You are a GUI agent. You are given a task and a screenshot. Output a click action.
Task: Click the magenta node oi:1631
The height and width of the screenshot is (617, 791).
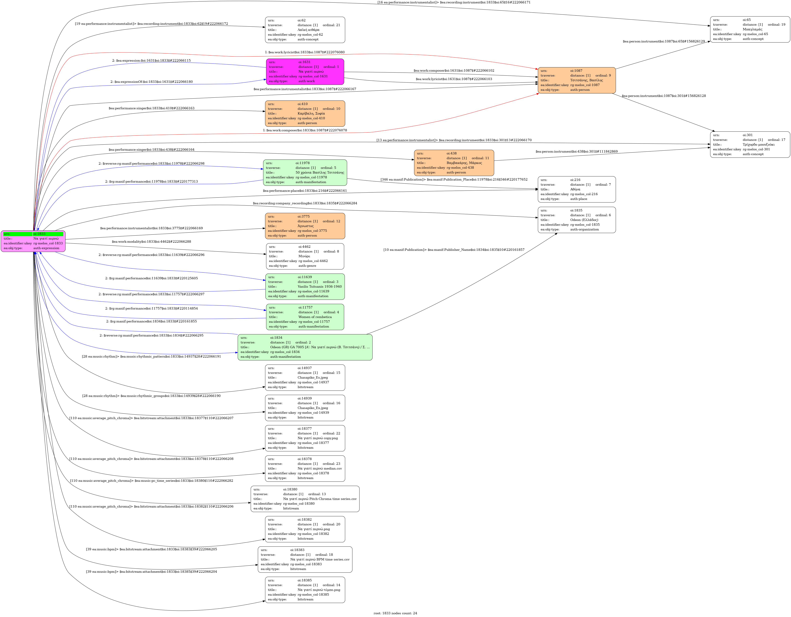point(305,72)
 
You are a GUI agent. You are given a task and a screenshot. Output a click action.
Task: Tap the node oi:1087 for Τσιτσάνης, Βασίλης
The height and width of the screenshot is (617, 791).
point(577,80)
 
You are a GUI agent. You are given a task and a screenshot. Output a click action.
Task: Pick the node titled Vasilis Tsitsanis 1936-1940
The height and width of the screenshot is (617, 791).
point(305,286)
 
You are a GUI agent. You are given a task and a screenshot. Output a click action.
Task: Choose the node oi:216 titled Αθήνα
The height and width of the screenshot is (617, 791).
point(577,189)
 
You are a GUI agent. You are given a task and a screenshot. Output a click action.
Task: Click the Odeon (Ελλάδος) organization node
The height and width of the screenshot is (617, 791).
point(577,220)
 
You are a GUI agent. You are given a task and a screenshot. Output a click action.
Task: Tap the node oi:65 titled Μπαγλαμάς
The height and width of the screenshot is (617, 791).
point(750,29)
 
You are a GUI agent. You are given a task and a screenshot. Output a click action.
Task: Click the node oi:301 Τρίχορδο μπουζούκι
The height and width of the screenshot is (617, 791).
point(750,144)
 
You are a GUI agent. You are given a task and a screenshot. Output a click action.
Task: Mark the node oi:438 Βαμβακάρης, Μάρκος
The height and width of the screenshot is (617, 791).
point(454,163)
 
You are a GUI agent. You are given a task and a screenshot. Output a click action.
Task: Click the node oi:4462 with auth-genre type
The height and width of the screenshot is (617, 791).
point(305,256)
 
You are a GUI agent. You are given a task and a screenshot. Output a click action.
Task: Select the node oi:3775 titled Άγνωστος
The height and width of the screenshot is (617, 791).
point(305,226)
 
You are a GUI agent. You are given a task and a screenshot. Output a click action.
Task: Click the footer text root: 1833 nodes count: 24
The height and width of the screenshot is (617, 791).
point(395,613)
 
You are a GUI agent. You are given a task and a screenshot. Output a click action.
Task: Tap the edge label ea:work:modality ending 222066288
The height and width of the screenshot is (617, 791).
point(151,241)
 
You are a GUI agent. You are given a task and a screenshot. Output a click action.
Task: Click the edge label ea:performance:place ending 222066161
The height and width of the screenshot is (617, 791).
point(305,191)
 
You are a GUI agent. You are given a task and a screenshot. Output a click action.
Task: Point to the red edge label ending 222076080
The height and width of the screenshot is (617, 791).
point(305,52)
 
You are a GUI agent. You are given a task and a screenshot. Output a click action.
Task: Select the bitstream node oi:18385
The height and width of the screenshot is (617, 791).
point(305,590)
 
